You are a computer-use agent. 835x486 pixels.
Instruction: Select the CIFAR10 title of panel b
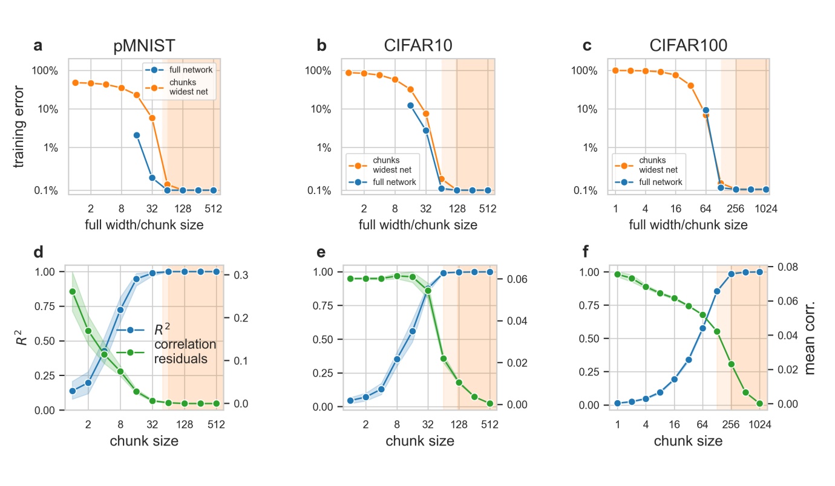419,47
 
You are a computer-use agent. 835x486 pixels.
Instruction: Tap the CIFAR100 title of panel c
689,47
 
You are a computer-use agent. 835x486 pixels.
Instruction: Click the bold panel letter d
38,251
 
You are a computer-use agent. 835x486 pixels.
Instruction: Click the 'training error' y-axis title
19,126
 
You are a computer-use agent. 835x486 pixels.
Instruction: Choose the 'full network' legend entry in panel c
660,182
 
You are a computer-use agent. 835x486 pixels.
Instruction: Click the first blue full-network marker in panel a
137,135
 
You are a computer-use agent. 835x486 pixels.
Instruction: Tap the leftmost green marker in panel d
73,291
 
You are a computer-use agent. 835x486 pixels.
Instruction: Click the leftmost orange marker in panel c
616,70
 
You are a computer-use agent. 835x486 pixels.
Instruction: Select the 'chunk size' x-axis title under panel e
419,441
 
